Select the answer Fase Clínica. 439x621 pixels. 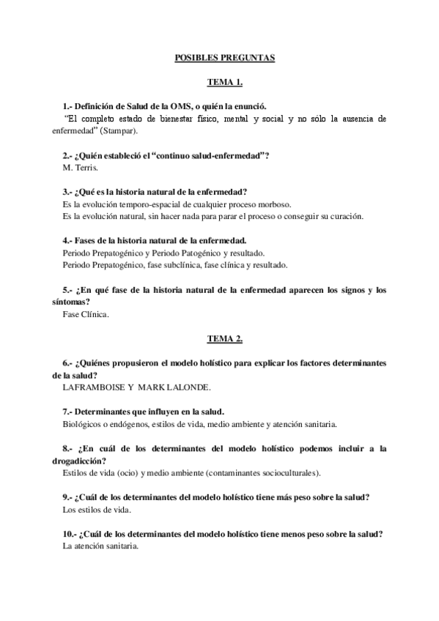(x=86, y=314)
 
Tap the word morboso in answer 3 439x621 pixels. (x=275, y=204)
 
